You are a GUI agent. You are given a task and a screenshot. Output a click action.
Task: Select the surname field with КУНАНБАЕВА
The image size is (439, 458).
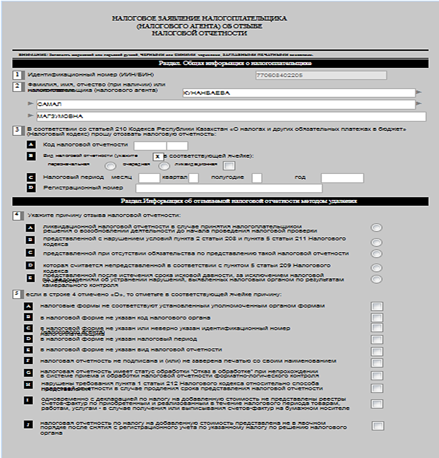point(298,93)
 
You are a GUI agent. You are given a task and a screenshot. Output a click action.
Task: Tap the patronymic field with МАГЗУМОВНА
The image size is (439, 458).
point(231,116)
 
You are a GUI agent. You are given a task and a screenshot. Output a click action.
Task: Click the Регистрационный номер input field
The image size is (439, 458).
point(229,188)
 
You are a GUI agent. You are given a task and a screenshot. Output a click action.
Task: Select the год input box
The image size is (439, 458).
point(342,178)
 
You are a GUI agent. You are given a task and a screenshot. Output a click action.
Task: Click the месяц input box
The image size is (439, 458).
point(149,178)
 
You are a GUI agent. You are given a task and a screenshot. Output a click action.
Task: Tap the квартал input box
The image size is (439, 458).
point(194,178)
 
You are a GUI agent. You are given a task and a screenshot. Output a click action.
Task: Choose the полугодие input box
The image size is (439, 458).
point(257,178)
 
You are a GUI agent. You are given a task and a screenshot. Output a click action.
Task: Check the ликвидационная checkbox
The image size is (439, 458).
point(229,166)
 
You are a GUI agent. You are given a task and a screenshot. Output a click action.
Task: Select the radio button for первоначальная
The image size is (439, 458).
point(110,166)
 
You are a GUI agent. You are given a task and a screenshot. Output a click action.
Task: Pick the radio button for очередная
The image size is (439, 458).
point(164,166)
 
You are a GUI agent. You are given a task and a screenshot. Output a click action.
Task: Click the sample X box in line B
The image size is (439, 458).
point(157,156)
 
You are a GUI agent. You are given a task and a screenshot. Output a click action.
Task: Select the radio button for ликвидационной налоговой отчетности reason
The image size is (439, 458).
point(376,227)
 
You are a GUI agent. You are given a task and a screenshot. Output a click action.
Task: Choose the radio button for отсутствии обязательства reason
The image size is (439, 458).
point(376,254)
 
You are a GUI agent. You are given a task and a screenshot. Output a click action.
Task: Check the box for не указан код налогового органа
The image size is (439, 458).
point(377,318)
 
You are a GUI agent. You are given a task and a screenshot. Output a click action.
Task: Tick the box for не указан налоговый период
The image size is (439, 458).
point(377,340)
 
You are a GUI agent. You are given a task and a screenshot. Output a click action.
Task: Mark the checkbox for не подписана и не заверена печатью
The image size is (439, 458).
point(377,363)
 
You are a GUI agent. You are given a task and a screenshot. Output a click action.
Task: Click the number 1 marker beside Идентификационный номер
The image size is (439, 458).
point(17,75)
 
